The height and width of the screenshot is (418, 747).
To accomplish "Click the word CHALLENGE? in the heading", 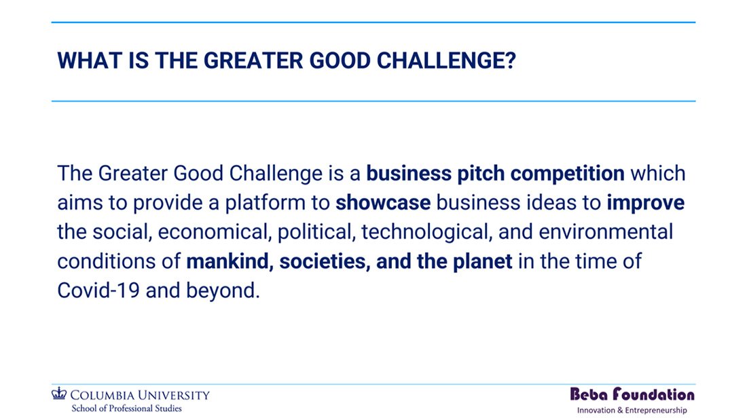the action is point(446,61).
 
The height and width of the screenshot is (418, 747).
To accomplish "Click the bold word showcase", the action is point(383,203).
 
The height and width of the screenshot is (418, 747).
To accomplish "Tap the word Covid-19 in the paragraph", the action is point(98,290).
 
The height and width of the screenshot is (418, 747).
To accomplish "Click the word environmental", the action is point(606,232).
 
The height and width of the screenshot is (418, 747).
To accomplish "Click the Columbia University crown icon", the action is point(59,394).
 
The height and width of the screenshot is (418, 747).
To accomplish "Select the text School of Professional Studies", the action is point(127,408).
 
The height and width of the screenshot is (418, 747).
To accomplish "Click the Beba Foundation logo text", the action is point(632,394).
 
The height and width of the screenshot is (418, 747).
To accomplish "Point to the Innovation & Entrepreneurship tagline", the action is point(632,410).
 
